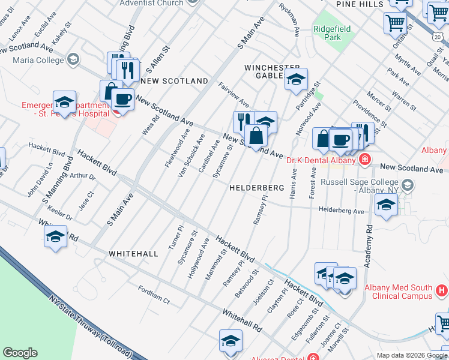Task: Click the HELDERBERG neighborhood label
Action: (256, 188)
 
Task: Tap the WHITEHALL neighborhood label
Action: (133, 254)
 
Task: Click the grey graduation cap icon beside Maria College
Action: (73, 59)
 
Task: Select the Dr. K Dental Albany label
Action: (321, 160)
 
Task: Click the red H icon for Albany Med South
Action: (441, 290)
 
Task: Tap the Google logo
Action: (20, 353)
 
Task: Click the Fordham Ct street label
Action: (154, 296)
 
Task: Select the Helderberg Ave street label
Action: (342, 211)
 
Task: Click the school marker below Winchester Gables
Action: (295, 79)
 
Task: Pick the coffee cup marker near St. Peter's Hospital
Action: (122, 99)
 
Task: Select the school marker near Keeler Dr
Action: (56, 236)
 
